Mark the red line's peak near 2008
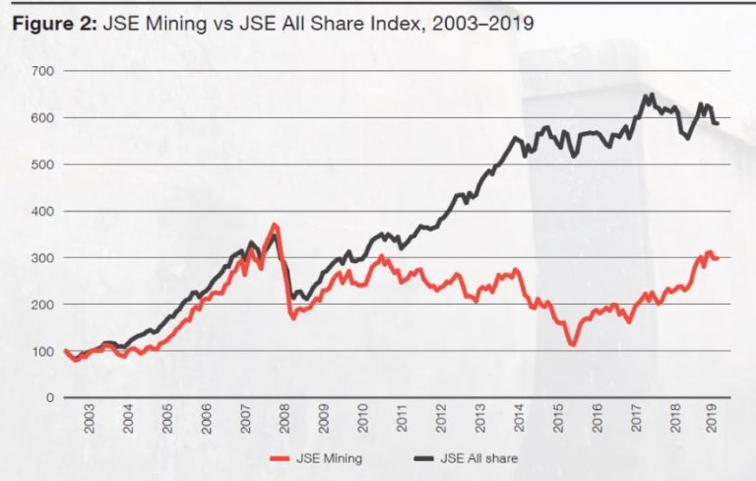[274, 225]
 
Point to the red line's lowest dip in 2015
[570, 345]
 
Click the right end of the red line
[718, 258]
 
